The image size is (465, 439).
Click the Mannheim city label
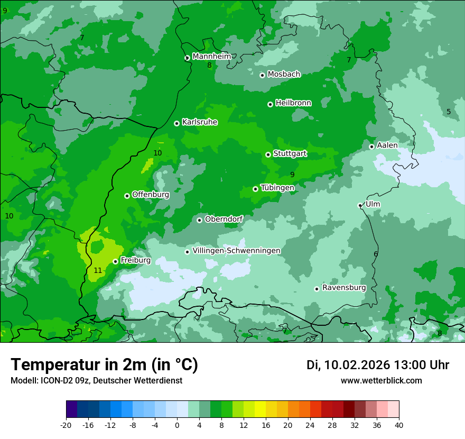click(x=211, y=57)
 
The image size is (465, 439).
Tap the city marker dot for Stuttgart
click(x=268, y=154)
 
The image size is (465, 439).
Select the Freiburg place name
click(x=135, y=260)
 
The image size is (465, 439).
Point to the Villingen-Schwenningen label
click(x=236, y=251)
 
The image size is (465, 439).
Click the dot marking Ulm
click(x=360, y=205)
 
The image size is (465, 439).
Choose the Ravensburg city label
click(x=343, y=288)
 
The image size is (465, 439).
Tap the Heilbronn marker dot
click(x=270, y=104)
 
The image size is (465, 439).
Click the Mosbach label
click(x=283, y=75)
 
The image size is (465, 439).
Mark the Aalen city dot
click(x=371, y=147)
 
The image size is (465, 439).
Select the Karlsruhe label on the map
click(x=199, y=122)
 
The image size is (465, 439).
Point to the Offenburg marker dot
click(x=127, y=196)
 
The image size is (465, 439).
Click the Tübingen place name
click(x=277, y=188)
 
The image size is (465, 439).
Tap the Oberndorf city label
click(x=224, y=219)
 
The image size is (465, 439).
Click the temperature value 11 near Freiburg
click(x=98, y=270)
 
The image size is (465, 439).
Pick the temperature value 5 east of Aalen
click(x=449, y=112)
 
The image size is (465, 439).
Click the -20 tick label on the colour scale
click(x=66, y=425)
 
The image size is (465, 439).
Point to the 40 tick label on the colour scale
click(x=398, y=425)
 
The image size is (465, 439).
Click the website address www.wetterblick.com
click(x=381, y=381)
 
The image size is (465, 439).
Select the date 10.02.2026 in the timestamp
click(x=357, y=365)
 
